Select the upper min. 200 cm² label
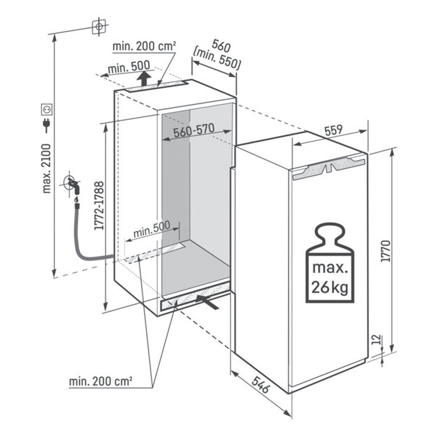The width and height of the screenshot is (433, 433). point(144,47)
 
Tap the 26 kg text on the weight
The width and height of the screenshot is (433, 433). point(330,286)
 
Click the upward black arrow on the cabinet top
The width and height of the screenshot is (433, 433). point(143,78)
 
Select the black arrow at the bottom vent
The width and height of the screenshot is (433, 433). point(208,302)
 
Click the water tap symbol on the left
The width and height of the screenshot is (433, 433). point(73,184)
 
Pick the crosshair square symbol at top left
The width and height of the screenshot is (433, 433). point(99,26)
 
